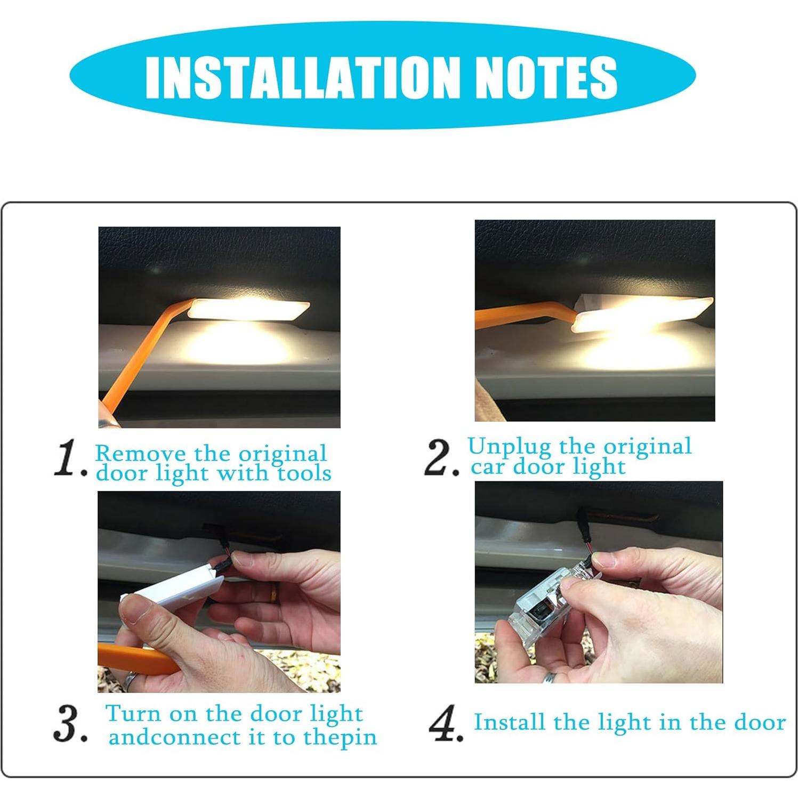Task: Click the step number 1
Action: (x=70, y=460)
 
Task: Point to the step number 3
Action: (x=69, y=725)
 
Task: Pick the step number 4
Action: (x=446, y=723)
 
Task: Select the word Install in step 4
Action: (x=510, y=722)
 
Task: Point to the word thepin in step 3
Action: (x=340, y=738)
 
